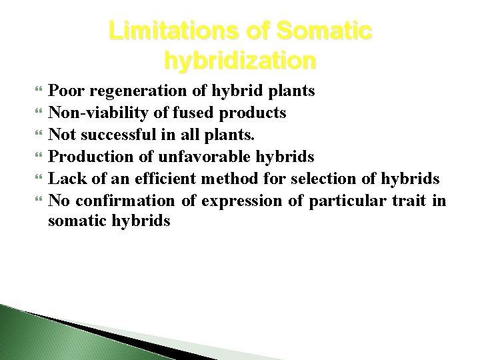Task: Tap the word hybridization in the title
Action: click(x=239, y=61)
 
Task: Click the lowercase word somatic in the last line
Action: click(x=74, y=221)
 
